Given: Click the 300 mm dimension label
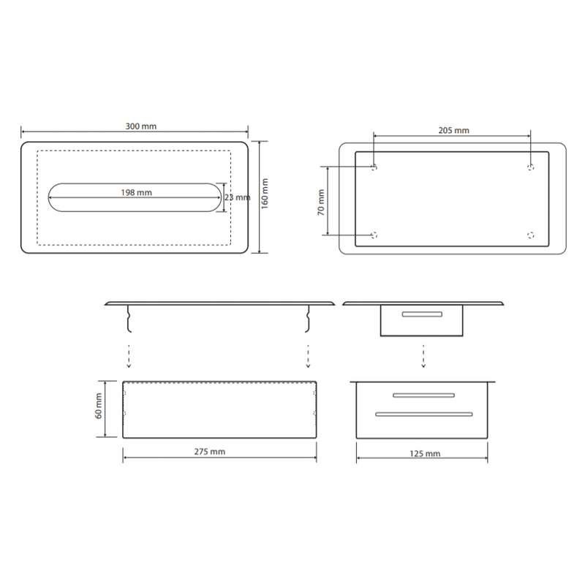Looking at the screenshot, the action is (x=140, y=126).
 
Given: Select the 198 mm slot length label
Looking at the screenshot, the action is (x=136, y=193).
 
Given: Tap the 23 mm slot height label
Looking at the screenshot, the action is (x=237, y=197).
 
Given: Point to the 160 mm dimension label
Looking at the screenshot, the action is (x=265, y=194).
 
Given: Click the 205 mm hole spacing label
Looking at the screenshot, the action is (x=453, y=131).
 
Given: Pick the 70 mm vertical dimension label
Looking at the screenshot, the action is (x=321, y=202).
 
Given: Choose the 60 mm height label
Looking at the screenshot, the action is (x=99, y=406).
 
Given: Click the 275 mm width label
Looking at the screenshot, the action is (x=210, y=452).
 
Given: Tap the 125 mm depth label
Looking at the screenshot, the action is (x=425, y=454).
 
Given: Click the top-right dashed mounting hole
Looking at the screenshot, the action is (x=531, y=167).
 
